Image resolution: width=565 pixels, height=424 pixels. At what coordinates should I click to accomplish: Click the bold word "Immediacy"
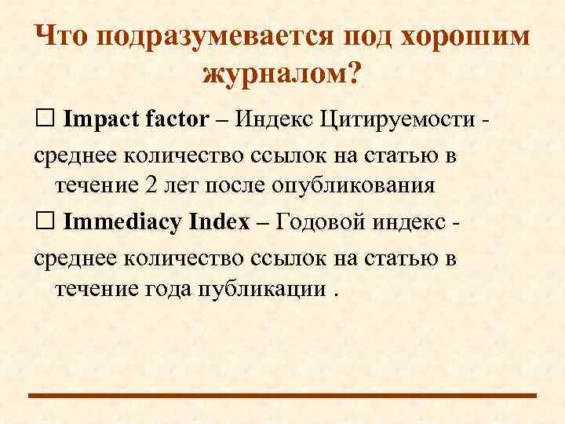pyautogui.click(x=123, y=221)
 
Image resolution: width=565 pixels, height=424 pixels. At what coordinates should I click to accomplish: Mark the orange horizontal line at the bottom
pyautogui.click(x=282, y=395)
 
